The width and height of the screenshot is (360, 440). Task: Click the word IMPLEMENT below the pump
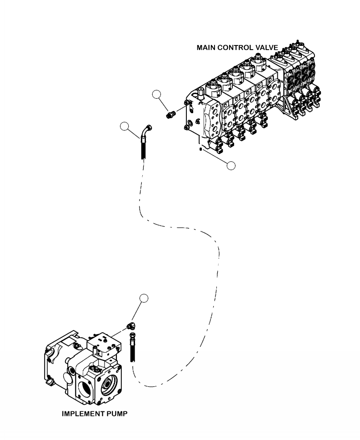pos(82,414)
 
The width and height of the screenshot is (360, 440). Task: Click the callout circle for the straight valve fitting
pos(157,94)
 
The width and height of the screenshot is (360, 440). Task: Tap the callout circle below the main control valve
pos(231,165)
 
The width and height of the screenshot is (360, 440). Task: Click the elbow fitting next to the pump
pos(131,325)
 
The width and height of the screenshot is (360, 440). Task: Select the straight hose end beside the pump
pos(133,348)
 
